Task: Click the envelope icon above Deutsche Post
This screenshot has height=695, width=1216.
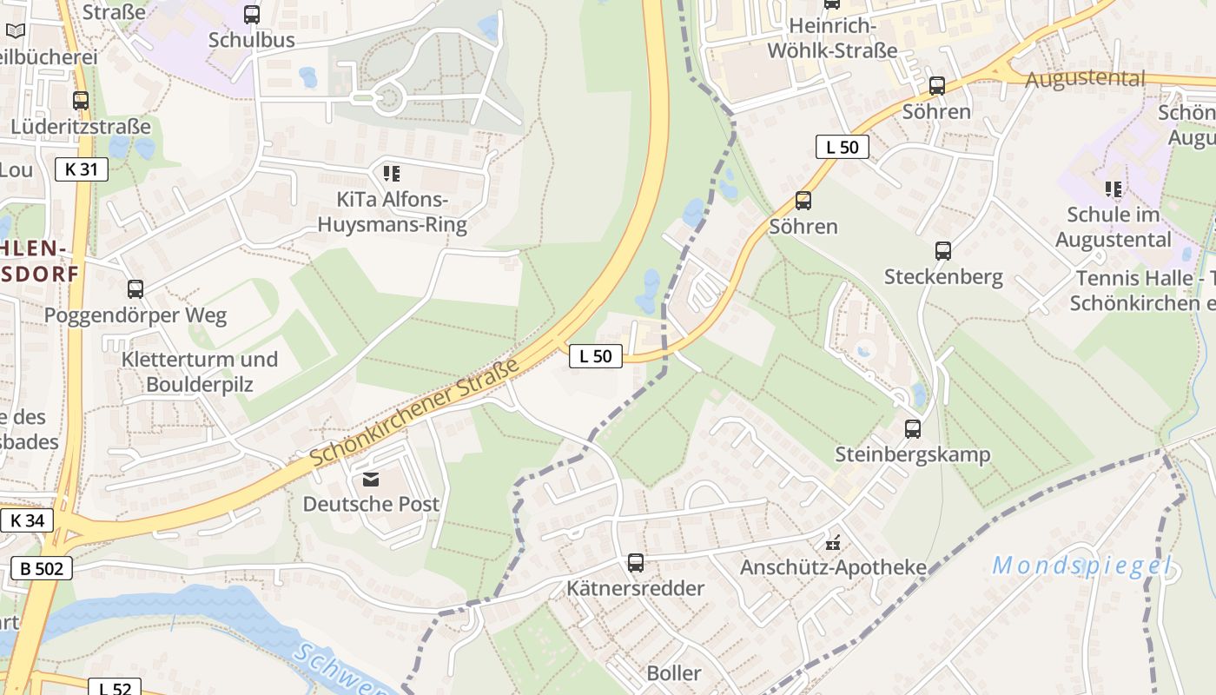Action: [371, 480]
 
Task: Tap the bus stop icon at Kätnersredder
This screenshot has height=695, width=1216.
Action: [636, 563]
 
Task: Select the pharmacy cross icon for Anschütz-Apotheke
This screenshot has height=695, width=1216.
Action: [833, 543]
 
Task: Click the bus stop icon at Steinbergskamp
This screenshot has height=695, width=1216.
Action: [912, 428]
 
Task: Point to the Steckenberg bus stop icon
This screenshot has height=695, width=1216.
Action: [943, 251]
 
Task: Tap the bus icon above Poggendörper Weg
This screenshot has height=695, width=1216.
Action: [135, 289]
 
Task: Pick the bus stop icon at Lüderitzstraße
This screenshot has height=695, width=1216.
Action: [81, 101]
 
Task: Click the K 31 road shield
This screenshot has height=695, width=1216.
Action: [82, 169]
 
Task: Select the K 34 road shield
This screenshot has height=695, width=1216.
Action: [27, 521]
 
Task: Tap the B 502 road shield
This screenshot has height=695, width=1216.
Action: [41, 569]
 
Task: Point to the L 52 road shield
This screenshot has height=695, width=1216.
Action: [114, 688]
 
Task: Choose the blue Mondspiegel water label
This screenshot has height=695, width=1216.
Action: [1081, 566]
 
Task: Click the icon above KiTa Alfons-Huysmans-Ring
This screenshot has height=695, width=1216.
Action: [391, 174]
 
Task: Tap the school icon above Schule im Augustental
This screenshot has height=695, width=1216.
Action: [1113, 189]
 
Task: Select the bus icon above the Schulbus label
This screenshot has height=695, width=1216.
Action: [251, 14]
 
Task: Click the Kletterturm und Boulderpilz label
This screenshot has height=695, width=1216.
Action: [200, 371]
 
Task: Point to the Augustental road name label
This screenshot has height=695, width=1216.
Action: [1085, 79]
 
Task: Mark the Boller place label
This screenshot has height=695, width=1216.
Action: [674, 673]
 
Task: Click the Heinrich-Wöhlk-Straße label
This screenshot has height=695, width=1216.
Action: [831, 39]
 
